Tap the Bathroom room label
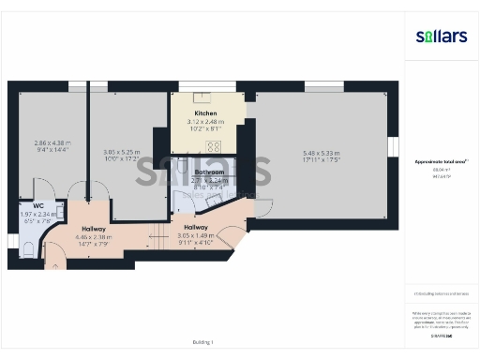[x=207, y=172]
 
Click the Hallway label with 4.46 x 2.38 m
[x=94, y=229]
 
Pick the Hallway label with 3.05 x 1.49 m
[x=197, y=227]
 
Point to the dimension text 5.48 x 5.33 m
[x=322, y=154]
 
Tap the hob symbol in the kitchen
[x=214, y=145]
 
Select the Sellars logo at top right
[x=441, y=36]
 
